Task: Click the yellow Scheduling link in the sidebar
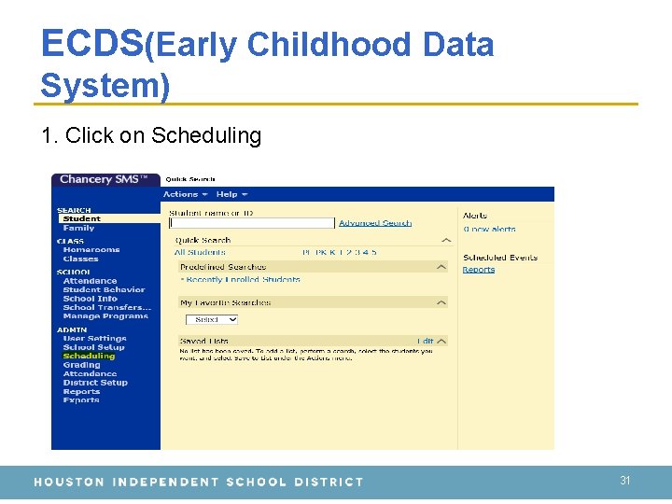click(89, 356)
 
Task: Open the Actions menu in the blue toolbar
click(180, 194)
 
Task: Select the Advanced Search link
click(375, 223)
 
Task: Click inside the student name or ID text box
click(251, 223)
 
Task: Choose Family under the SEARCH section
click(78, 228)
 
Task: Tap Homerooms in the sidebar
click(91, 250)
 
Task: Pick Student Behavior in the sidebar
click(104, 290)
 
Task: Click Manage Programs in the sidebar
click(105, 316)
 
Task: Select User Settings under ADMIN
click(94, 338)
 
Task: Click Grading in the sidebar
click(81, 365)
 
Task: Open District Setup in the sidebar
click(95, 383)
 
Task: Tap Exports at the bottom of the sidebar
click(81, 400)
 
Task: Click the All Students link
click(200, 252)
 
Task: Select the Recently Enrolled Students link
click(243, 279)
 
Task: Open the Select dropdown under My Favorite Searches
click(217, 319)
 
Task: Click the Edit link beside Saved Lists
click(426, 342)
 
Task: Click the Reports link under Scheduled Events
click(479, 270)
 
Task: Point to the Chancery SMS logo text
click(105, 179)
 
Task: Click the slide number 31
click(625, 481)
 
